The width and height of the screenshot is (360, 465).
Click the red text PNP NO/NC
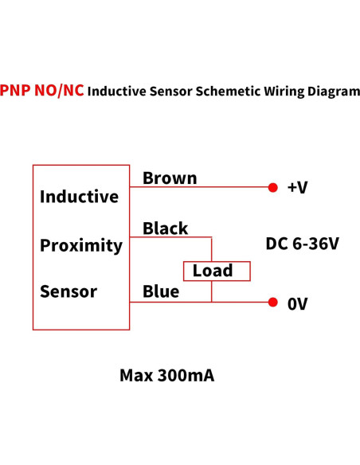pyautogui.click(x=42, y=90)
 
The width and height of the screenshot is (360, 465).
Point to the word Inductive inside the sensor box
pyautogui.click(x=79, y=197)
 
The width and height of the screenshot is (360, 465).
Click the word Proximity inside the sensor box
pyautogui.click(x=81, y=245)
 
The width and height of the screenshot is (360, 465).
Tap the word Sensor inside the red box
pyautogui.click(x=68, y=291)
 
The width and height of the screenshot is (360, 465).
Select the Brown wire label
pyautogui.click(x=170, y=178)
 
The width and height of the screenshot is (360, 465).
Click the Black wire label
pyautogui.click(x=166, y=229)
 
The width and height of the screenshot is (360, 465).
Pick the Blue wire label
pyautogui.click(x=161, y=292)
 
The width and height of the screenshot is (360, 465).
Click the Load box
pyautogui.click(x=217, y=271)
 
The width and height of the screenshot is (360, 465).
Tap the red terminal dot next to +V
pyautogui.click(x=272, y=188)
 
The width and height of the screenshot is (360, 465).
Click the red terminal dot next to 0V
pyautogui.click(x=272, y=303)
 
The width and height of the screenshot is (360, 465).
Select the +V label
pyautogui.click(x=297, y=188)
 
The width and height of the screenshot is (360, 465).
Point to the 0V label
pyautogui.click(x=297, y=303)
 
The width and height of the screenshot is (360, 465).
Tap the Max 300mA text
pyautogui.click(x=166, y=375)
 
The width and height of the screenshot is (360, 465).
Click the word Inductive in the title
pyautogui.click(x=116, y=92)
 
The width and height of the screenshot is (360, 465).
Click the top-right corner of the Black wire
pyautogui.click(x=212, y=237)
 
